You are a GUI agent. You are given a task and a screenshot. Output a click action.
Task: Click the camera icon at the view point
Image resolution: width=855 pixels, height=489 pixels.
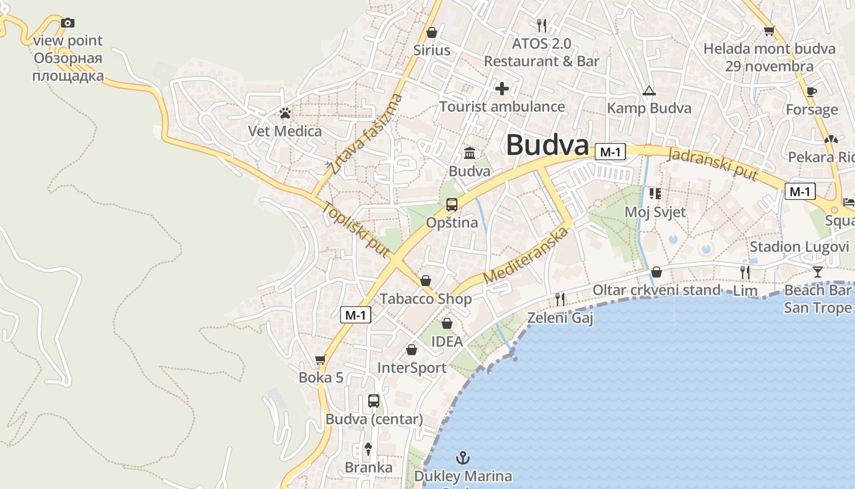pyautogui.click(x=68, y=23)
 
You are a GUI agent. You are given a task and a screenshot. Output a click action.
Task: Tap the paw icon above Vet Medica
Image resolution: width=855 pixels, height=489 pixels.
pyautogui.click(x=285, y=113)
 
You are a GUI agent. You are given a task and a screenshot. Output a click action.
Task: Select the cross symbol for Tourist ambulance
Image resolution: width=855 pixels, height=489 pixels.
pyautogui.click(x=502, y=89)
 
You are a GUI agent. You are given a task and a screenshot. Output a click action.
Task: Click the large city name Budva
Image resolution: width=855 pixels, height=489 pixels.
pyautogui.click(x=547, y=146)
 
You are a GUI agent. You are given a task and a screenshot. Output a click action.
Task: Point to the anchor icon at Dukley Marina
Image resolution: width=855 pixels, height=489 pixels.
pyautogui.click(x=463, y=457)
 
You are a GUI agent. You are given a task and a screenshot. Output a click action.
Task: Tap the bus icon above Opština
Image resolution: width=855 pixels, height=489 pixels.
pyautogui.click(x=452, y=205)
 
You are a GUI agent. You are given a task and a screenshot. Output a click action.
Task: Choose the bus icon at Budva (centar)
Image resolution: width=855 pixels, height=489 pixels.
pyautogui.click(x=374, y=402)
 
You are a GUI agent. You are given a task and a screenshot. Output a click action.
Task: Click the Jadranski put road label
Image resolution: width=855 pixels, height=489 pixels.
pyautogui.click(x=713, y=164)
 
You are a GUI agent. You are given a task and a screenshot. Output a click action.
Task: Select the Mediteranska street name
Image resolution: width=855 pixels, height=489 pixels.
pyautogui.click(x=526, y=254)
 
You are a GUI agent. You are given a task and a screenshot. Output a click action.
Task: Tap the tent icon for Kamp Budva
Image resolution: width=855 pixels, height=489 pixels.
pyautogui.click(x=649, y=91)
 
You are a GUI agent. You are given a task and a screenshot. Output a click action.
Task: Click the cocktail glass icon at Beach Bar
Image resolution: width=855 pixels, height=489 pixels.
pyautogui.click(x=818, y=272)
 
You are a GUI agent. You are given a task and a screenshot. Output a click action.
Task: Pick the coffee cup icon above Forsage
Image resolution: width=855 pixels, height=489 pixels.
pyautogui.click(x=811, y=92)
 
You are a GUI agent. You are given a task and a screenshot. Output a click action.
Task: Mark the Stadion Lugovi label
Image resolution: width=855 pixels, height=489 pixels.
pyautogui.click(x=799, y=247)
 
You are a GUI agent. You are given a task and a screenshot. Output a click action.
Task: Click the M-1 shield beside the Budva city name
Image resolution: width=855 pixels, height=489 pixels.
pyautogui.click(x=611, y=152)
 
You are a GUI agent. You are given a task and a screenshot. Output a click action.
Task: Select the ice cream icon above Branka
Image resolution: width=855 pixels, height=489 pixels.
pyautogui.click(x=368, y=449)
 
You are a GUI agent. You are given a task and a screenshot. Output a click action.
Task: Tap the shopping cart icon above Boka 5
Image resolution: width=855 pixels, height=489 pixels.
pyautogui.click(x=321, y=360)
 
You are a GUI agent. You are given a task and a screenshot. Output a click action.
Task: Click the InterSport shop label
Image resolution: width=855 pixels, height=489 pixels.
pyautogui.click(x=412, y=368)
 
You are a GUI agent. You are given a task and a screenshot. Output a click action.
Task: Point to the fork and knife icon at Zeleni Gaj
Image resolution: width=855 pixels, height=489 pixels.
pyautogui.click(x=559, y=300)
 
